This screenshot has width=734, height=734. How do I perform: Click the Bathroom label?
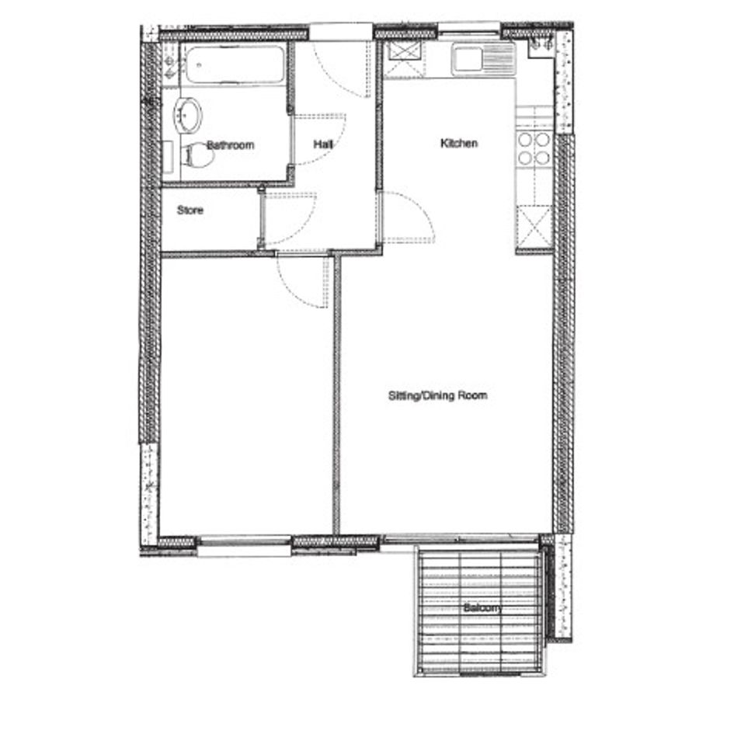[x=231, y=144]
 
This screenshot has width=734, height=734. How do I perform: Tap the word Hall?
[x=323, y=144]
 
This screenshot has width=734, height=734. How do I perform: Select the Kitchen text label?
[x=459, y=143]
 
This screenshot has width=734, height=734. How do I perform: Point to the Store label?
[x=190, y=210]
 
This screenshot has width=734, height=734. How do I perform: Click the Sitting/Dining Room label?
[x=438, y=395]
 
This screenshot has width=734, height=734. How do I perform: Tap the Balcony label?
[x=482, y=608]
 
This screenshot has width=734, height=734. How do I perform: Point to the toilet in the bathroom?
[x=197, y=155]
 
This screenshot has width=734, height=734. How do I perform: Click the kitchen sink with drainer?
[x=484, y=60]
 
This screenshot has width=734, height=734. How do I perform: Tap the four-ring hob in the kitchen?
[x=534, y=149]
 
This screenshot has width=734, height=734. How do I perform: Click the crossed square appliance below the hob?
[x=534, y=228]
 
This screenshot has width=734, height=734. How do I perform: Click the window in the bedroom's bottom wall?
[x=244, y=546]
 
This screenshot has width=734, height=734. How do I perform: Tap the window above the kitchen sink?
[x=469, y=29]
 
